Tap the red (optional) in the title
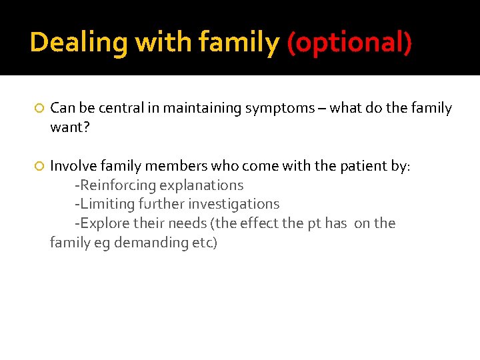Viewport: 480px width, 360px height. (349, 43)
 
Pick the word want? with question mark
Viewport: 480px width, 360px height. (69, 127)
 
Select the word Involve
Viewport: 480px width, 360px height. (73, 166)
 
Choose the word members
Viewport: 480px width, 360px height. (177, 166)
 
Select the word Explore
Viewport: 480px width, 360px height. (103, 223)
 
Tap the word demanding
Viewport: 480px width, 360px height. (151, 243)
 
